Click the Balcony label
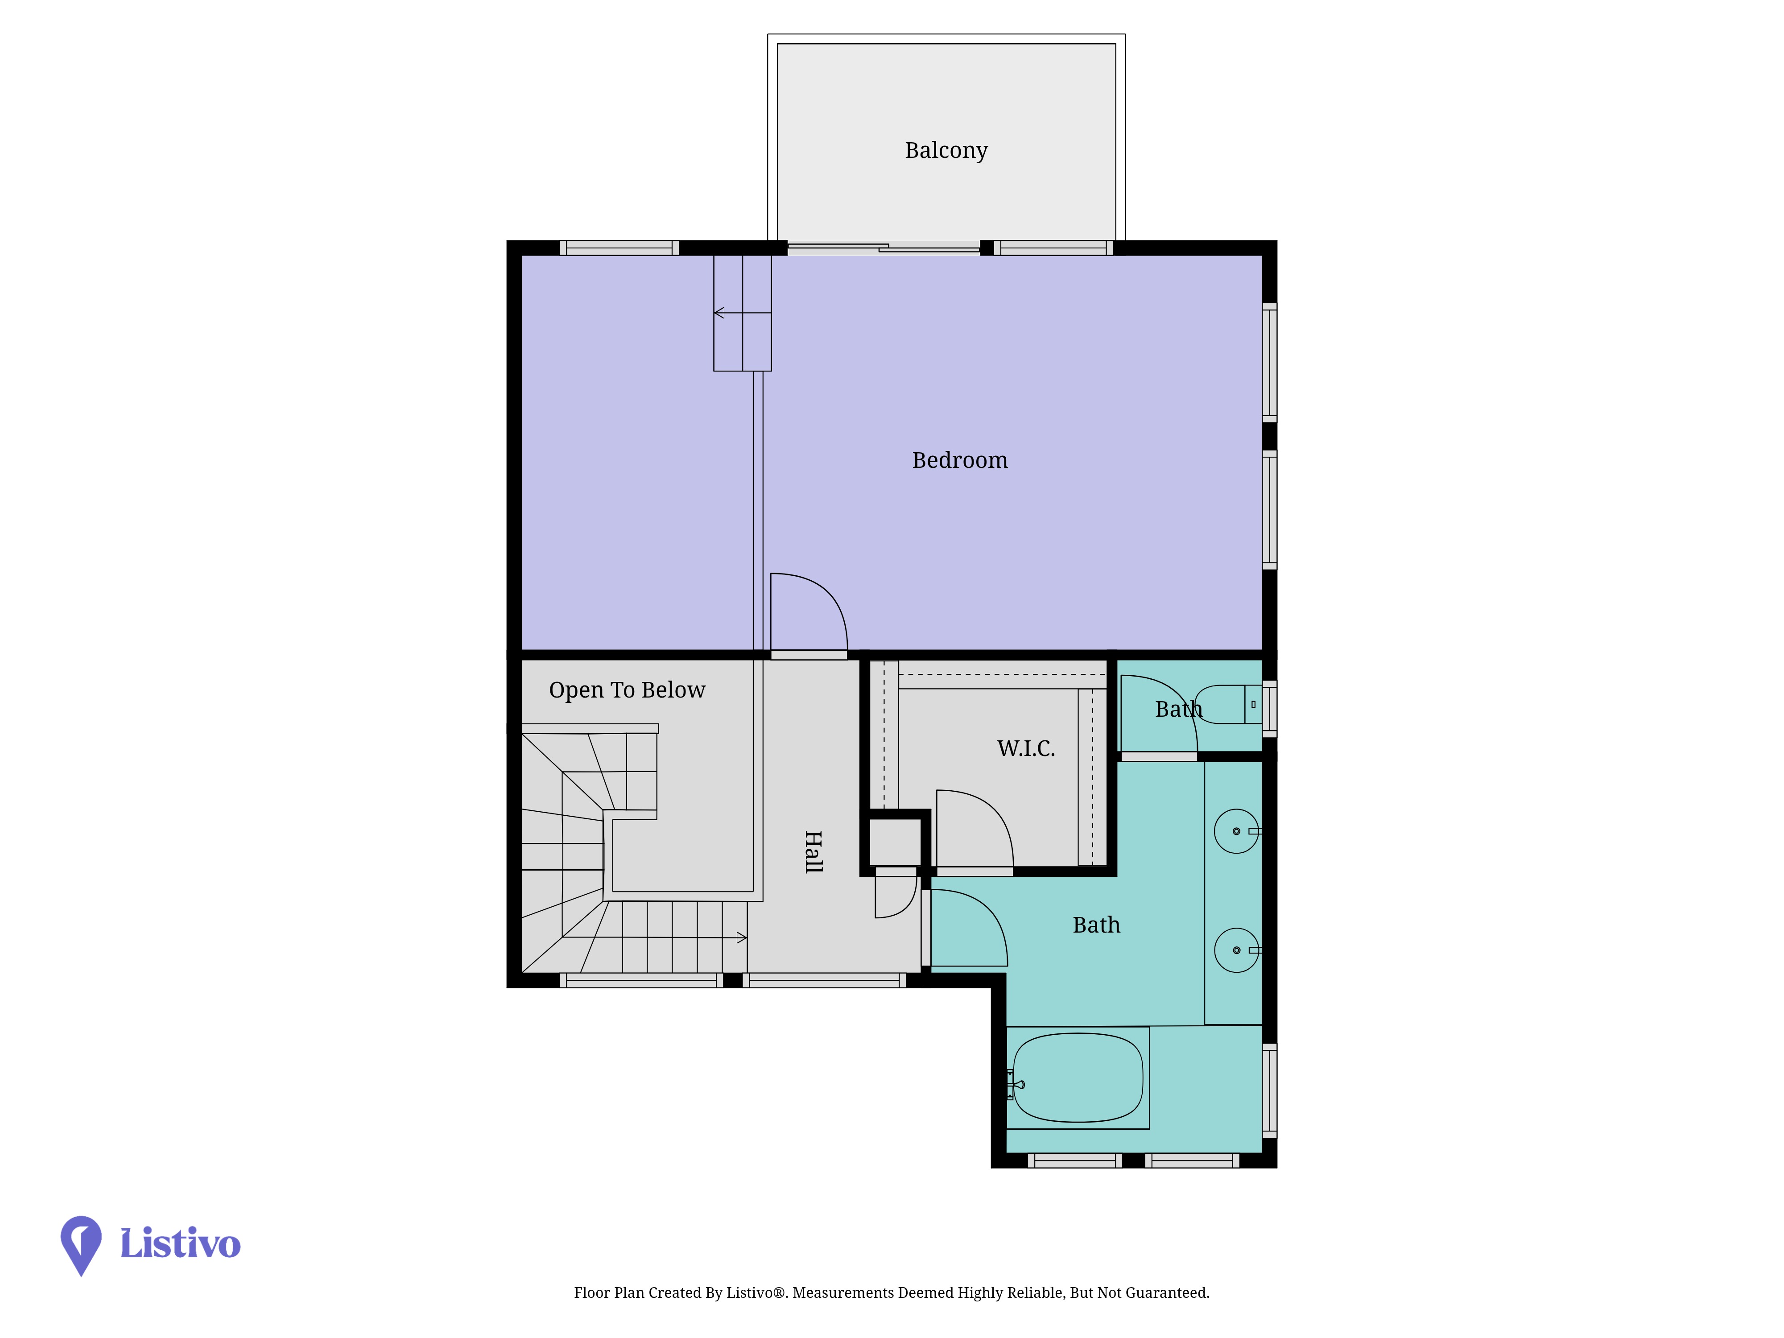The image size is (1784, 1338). tap(946, 151)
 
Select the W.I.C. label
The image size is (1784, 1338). tap(1026, 748)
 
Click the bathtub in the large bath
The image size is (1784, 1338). tap(1078, 1078)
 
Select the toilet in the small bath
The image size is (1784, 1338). tap(1226, 704)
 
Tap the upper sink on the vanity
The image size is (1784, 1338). tap(1236, 831)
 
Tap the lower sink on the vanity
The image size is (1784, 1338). tap(1236, 950)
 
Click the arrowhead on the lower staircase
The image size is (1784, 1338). tap(742, 938)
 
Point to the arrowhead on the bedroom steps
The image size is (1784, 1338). tap(719, 313)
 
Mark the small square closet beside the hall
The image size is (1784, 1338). tap(895, 842)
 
